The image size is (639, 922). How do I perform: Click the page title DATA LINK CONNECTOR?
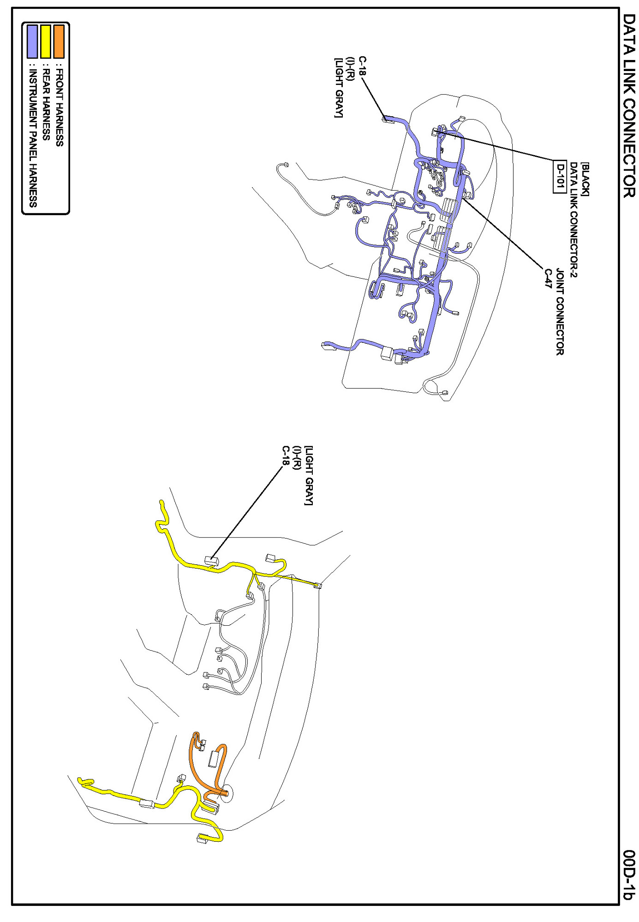pos(629,106)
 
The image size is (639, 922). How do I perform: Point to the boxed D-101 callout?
pos(560,177)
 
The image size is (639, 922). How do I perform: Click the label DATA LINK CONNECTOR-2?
pos(573,220)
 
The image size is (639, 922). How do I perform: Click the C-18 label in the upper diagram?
pos(363,66)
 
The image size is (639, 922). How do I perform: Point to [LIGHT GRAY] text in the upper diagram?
pos(338,88)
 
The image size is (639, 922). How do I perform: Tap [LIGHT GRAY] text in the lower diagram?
pos(309,475)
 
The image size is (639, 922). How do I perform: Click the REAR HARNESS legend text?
pos(46,104)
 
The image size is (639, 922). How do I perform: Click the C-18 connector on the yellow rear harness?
pos(211,561)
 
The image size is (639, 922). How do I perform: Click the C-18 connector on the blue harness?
pos(387,119)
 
